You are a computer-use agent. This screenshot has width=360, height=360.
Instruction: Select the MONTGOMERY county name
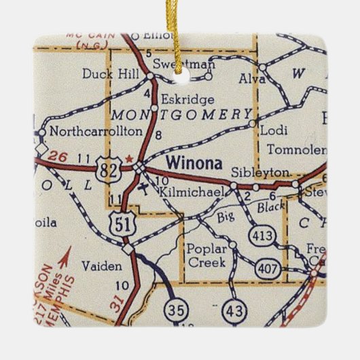coord(181,114)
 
